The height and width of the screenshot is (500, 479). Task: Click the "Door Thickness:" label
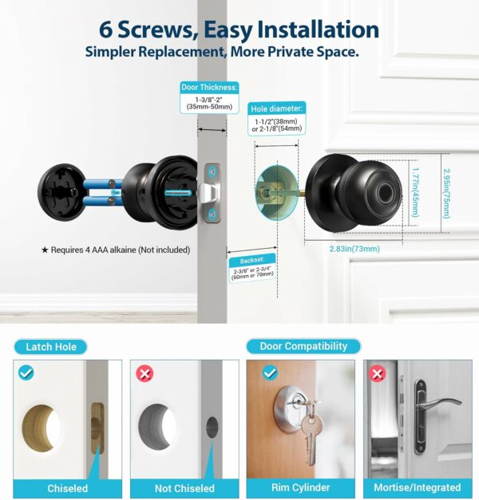[209, 88]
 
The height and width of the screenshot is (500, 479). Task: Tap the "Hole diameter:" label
[276, 108]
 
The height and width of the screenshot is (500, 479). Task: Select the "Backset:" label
[252, 260]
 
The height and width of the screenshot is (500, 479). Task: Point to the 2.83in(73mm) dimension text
[354, 249]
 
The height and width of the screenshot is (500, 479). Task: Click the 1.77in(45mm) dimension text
[415, 193]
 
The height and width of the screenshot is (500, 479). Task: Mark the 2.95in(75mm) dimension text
[446, 194]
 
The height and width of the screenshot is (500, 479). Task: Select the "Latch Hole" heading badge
[51, 347]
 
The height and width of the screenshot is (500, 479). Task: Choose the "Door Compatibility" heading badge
[303, 346]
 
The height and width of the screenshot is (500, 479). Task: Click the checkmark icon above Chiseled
[26, 372]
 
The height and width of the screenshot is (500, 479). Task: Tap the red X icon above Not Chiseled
[144, 373]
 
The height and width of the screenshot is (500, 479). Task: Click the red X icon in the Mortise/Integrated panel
[377, 373]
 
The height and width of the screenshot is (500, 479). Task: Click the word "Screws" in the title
[156, 30]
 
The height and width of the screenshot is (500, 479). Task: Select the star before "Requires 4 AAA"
[45, 250]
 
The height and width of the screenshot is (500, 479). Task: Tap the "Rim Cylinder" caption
[300, 487]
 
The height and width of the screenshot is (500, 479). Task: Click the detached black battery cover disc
[61, 192]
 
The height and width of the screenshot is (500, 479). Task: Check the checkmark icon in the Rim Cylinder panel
[270, 372]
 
